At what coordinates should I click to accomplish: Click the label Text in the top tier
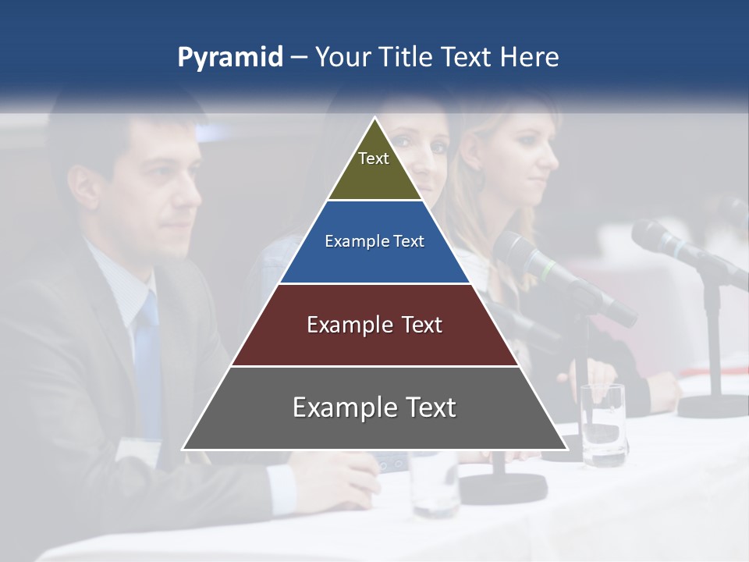coord(374,158)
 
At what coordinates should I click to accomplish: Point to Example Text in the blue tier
coord(374,241)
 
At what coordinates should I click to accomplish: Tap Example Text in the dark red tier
coord(374,325)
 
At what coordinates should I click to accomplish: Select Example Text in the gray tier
coord(374,407)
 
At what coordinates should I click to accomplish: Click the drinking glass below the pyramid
coord(433,484)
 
